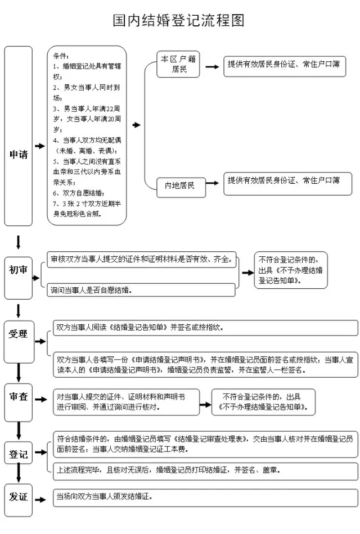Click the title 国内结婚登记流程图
coord(179,21)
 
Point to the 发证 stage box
coord(19,497)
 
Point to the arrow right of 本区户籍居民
coord(212,66)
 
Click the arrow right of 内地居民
coord(212,183)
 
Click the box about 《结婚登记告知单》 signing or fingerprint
coord(205,328)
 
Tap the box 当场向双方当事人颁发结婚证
coord(205,497)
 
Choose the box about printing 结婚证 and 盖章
coord(205,469)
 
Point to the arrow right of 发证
coord(40,498)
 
